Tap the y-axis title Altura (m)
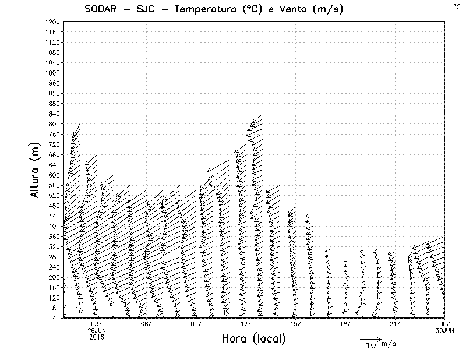35,170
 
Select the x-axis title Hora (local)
254,339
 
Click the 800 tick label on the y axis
54,123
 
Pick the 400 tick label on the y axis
54,226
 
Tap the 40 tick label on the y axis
56,318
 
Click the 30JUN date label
445,330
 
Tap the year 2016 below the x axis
97,336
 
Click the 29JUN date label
97,330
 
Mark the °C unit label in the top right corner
456,6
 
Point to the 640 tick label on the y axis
54,165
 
